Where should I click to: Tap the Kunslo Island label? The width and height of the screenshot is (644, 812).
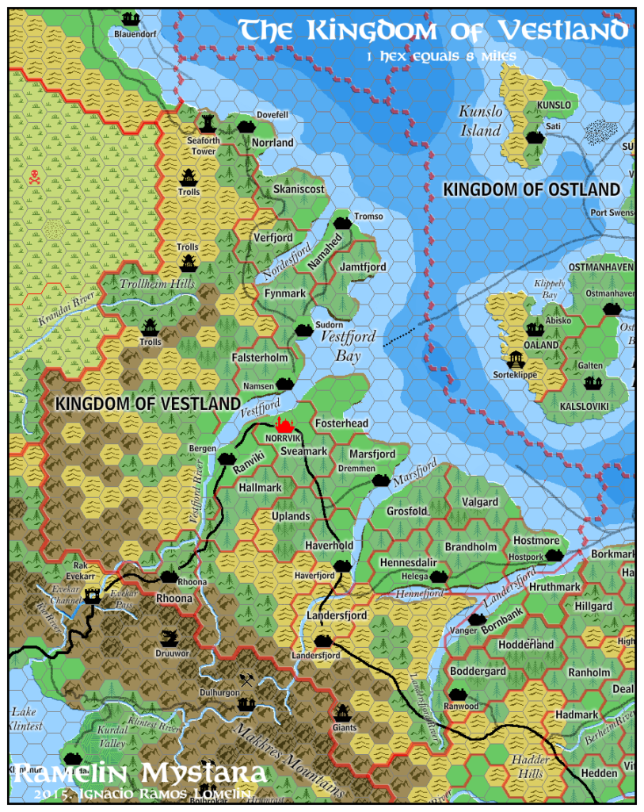(x=481, y=121)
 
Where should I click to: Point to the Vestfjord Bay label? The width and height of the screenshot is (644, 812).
(x=343, y=346)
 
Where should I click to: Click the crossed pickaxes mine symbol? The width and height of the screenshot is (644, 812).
(x=247, y=679)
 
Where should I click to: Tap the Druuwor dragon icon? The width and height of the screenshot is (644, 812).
(x=168, y=638)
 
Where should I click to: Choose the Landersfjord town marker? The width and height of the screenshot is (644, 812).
(x=321, y=641)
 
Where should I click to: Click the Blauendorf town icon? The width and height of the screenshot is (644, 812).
(x=130, y=18)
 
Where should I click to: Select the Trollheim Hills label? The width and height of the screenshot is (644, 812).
(x=156, y=284)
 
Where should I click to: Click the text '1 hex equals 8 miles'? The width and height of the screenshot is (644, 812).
(x=442, y=56)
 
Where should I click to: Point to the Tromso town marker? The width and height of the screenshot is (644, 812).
(x=342, y=223)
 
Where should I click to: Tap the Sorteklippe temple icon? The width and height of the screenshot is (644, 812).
(x=516, y=359)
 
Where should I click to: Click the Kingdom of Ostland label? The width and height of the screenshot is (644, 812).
(x=531, y=190)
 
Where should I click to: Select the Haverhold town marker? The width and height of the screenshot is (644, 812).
(x=341, y=565)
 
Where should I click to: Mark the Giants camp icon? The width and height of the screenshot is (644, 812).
(x=342, y=712)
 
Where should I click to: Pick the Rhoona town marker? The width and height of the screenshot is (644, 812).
(x=168, y=576)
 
